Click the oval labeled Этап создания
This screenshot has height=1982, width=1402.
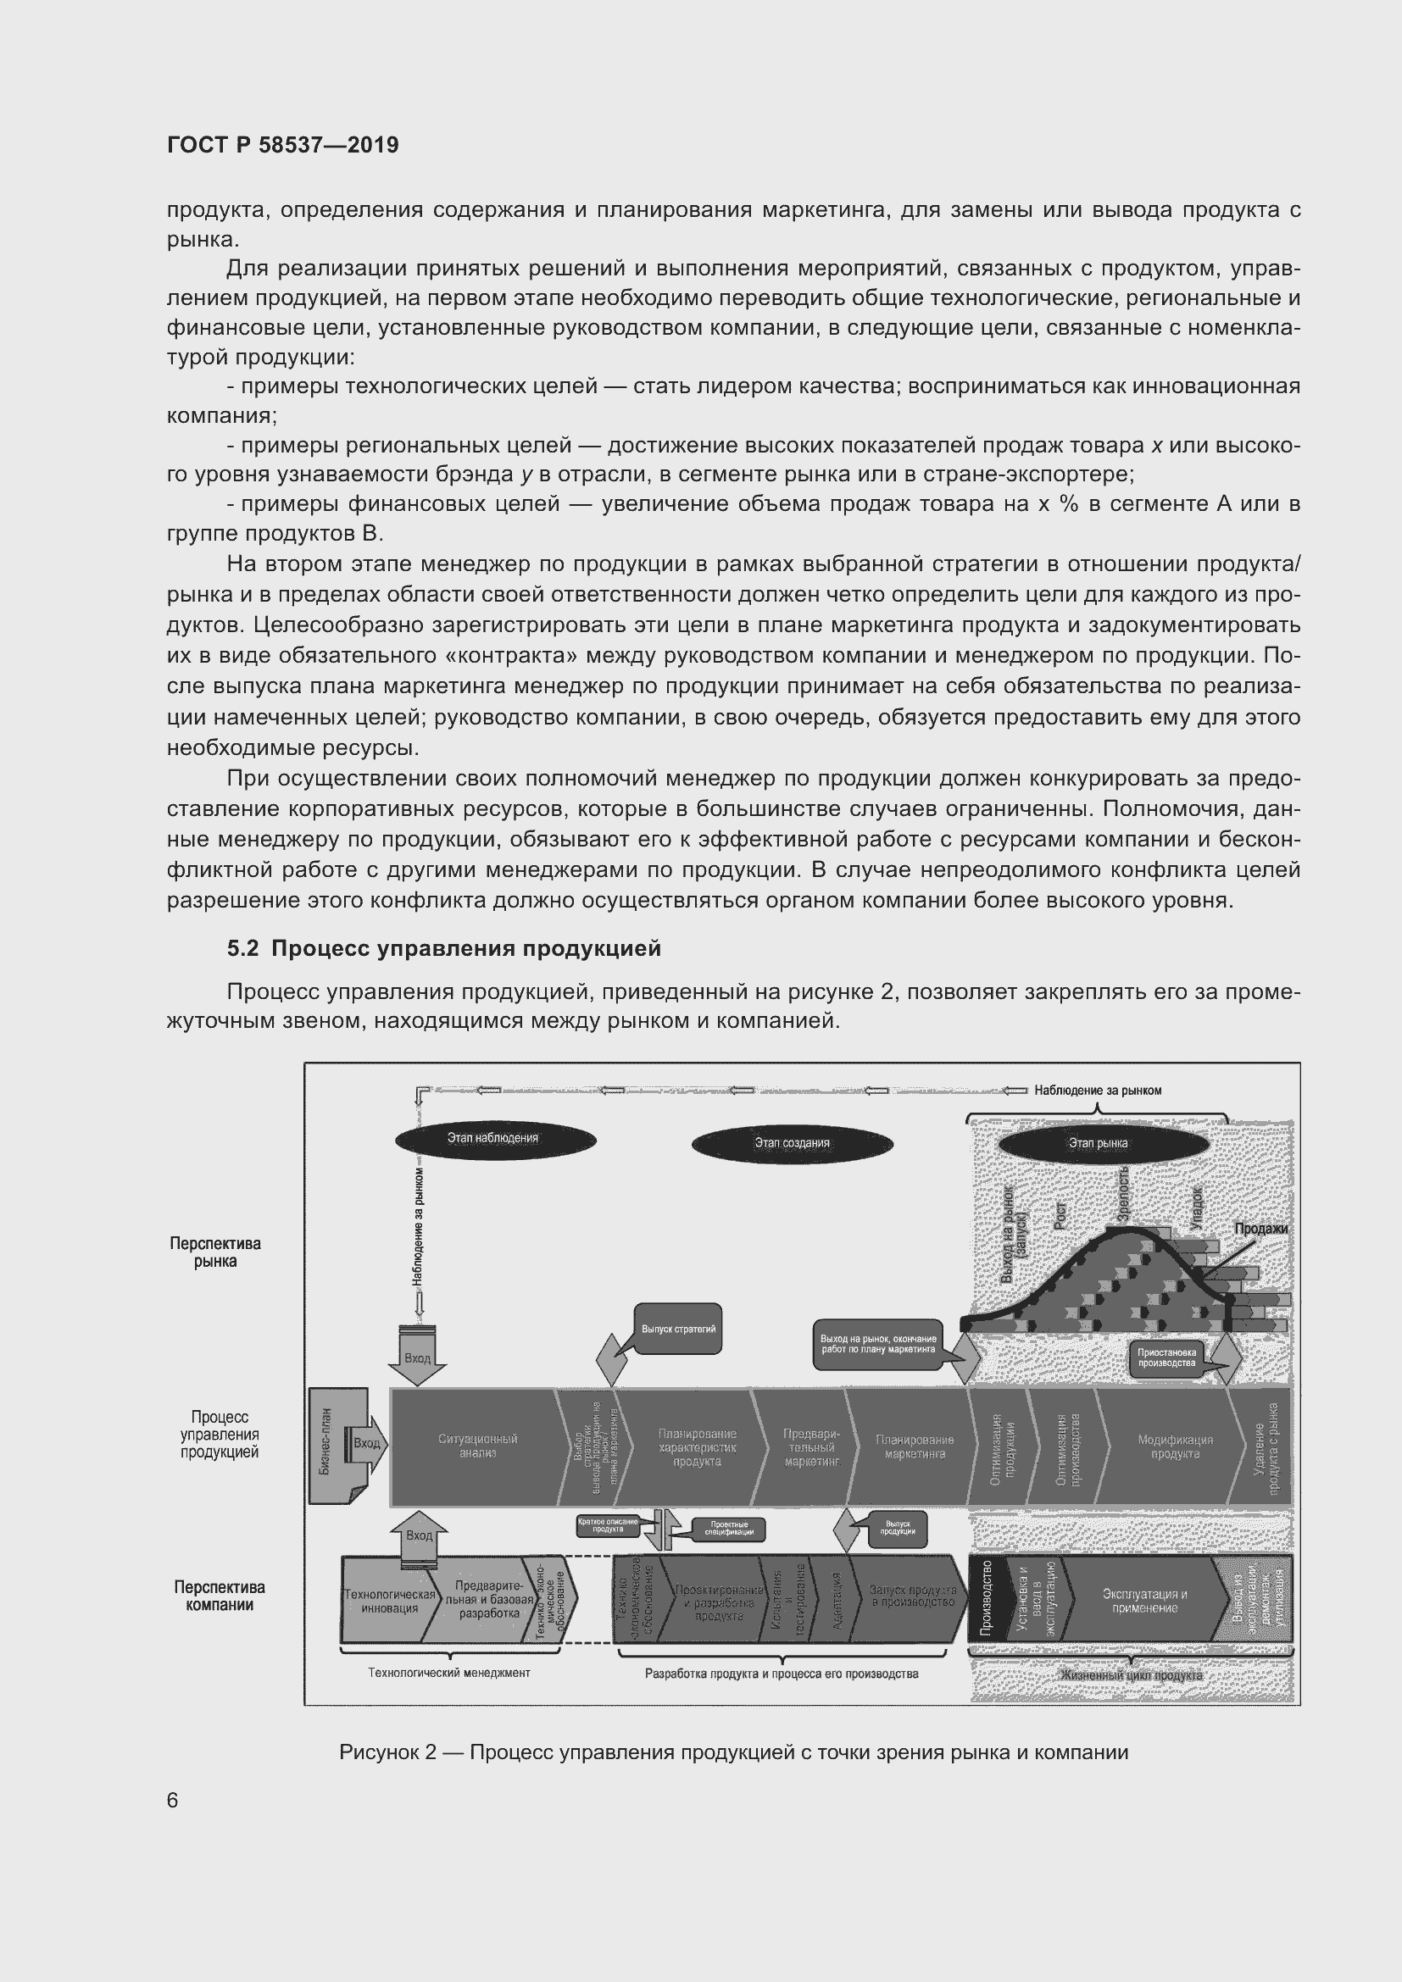792,1143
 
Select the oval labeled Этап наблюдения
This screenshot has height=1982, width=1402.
495,1139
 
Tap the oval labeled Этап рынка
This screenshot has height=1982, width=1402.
1103,1143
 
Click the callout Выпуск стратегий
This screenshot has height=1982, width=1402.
679,1330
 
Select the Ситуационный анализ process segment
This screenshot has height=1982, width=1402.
477,1446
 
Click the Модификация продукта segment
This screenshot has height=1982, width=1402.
1174,1446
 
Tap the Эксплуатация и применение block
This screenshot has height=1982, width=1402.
1144,1601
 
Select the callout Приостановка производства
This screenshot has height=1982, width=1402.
1166,1357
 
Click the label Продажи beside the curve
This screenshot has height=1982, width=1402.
1260,1229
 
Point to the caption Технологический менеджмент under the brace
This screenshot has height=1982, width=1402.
449,1672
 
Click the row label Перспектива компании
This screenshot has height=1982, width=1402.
220,1596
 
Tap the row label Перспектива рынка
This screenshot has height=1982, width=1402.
215,1252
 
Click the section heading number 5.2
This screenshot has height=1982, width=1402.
242,949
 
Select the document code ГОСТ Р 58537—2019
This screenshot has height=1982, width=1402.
282,145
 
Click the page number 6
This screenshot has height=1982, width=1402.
173,1800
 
